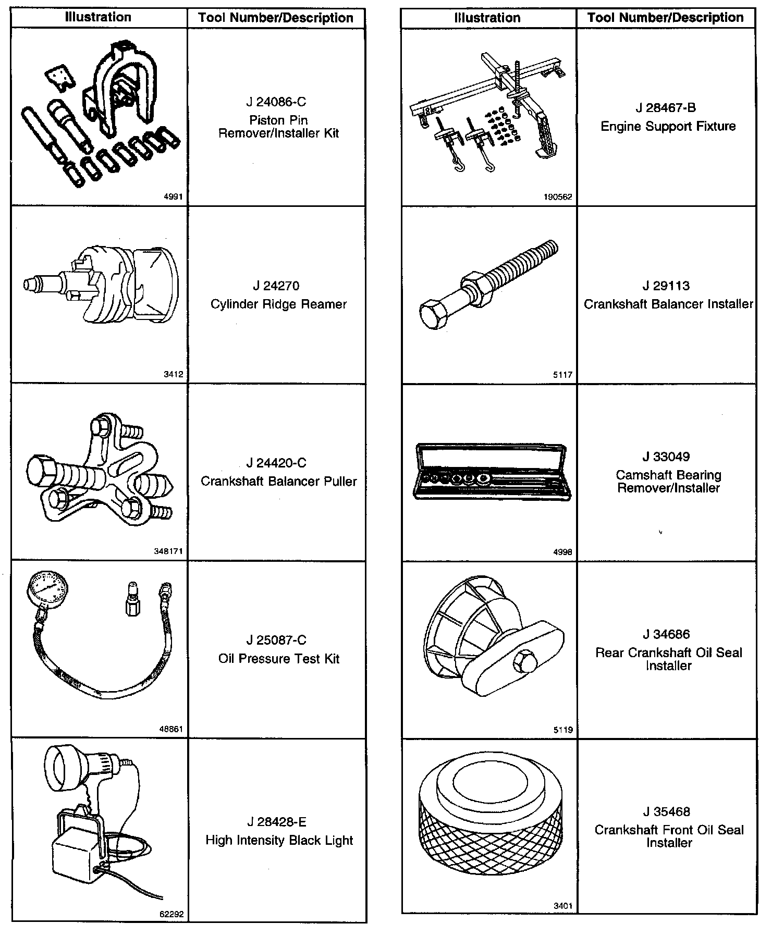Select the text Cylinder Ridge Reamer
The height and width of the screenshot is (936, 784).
pos(278,304)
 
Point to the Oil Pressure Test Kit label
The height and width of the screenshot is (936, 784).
pos(279,659)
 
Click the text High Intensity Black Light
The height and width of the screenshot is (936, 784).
pos(279,840)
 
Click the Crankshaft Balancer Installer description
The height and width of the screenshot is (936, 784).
pos(668,304)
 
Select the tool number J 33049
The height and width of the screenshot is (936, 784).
pos(666,457)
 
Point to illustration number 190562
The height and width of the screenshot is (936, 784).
pos(557,197)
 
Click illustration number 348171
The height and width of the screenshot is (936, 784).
pos(168,551)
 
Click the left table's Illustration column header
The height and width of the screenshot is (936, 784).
pos(98,17)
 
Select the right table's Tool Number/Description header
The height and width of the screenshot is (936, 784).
pos(665,18)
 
